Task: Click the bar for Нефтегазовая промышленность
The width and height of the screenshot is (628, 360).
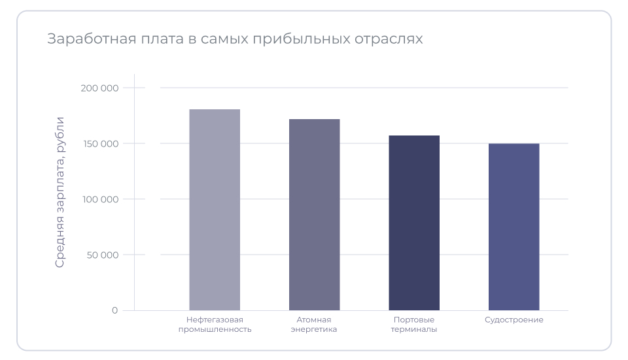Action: [215, 209]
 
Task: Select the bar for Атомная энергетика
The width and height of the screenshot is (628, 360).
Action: [315, 214]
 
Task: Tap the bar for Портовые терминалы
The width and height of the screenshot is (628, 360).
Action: [414, 223]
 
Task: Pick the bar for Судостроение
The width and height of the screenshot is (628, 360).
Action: [514, 226]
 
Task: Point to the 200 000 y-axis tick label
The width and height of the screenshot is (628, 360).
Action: [102, 88]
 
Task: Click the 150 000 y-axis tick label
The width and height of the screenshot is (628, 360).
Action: [102, 143]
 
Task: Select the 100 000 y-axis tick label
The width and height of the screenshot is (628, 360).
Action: [102, 199]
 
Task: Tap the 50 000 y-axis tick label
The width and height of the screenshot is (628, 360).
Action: [105, 255]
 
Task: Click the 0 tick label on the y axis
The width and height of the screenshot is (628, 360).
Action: [114, 310]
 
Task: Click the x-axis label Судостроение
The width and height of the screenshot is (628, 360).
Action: [514, 320]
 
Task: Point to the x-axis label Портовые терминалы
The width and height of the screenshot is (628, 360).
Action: [414, 325]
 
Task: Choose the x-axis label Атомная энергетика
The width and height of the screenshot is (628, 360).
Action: [315, 325]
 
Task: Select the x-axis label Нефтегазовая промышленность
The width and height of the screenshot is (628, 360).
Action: [215, 325]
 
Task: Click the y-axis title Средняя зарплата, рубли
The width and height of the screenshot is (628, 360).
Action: [60, 192]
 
